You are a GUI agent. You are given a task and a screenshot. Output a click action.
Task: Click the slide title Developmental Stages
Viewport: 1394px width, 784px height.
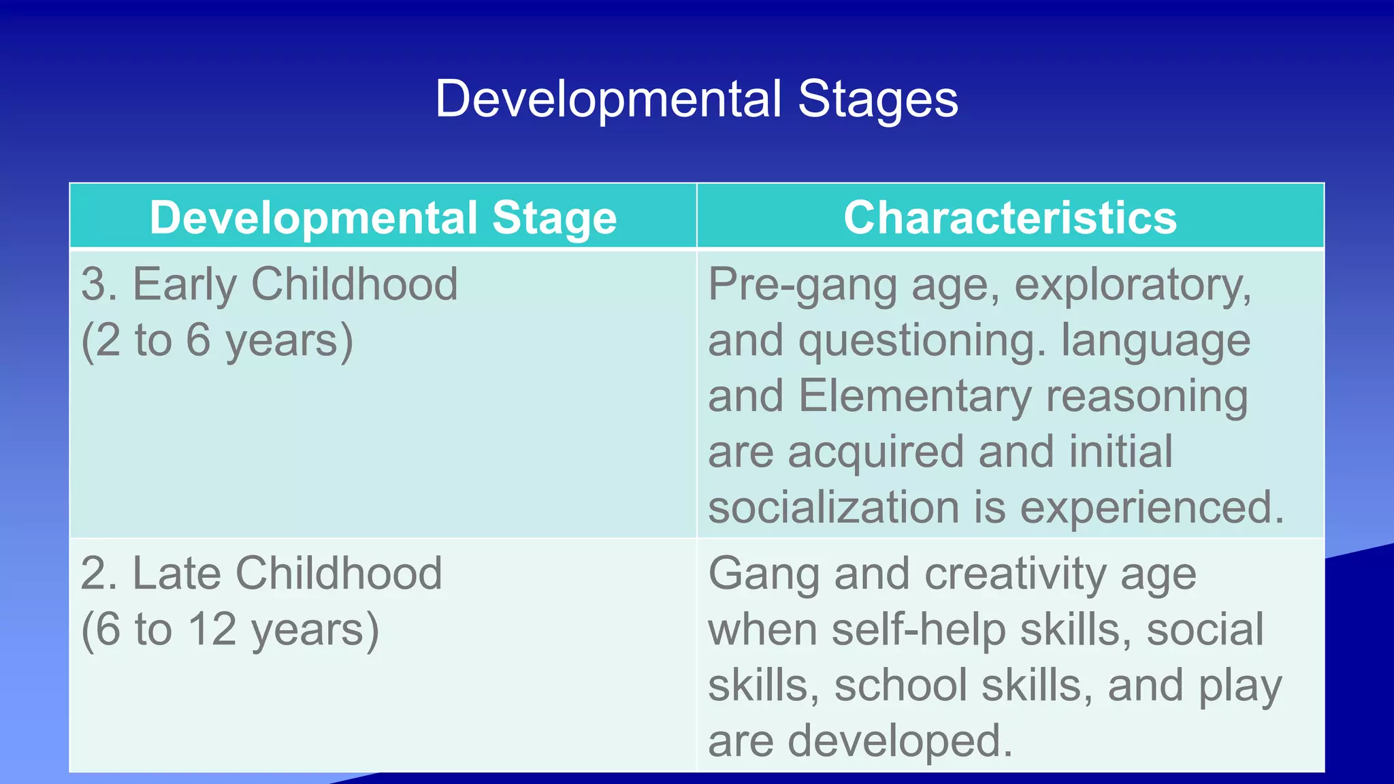[696, 99]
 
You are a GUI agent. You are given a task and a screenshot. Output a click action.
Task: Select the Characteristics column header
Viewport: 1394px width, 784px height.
[1010, 218]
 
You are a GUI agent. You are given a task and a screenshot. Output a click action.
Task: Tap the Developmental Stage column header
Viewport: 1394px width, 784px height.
[383, 218]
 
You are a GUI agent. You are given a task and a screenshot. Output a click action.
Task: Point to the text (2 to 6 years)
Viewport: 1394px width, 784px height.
[217, 340]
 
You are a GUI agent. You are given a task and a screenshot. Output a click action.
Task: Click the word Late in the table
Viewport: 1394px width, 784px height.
[174, 573]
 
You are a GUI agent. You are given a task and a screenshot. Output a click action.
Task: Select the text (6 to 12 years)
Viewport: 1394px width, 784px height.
[230, 630]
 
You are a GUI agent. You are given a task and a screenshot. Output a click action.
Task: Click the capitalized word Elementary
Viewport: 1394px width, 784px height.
[915, 397]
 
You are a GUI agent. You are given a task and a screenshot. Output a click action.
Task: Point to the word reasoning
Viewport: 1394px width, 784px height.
[1147, 397]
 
